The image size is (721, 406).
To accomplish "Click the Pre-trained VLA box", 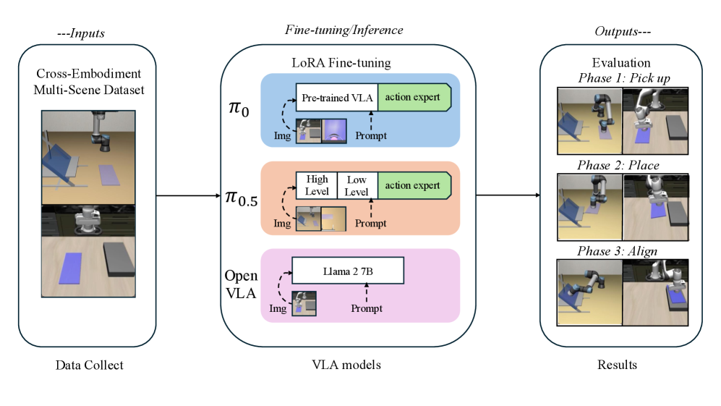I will (336, 97).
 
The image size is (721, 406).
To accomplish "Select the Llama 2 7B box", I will (347, 271).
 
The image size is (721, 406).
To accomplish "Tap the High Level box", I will (317, 185).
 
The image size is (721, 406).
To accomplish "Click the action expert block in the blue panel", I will (412, 97).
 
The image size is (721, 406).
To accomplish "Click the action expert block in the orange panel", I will (412, 185).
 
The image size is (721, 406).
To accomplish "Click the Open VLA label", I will (241, 284).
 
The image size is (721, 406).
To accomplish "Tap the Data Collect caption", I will (90, 365).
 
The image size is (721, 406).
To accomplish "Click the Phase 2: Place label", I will (618, 166).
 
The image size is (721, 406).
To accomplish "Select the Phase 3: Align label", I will (618, 251).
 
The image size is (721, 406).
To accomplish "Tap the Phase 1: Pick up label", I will (617, 77).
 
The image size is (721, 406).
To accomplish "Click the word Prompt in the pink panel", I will (367, 309).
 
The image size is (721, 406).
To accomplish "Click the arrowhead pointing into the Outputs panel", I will (538, 195).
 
